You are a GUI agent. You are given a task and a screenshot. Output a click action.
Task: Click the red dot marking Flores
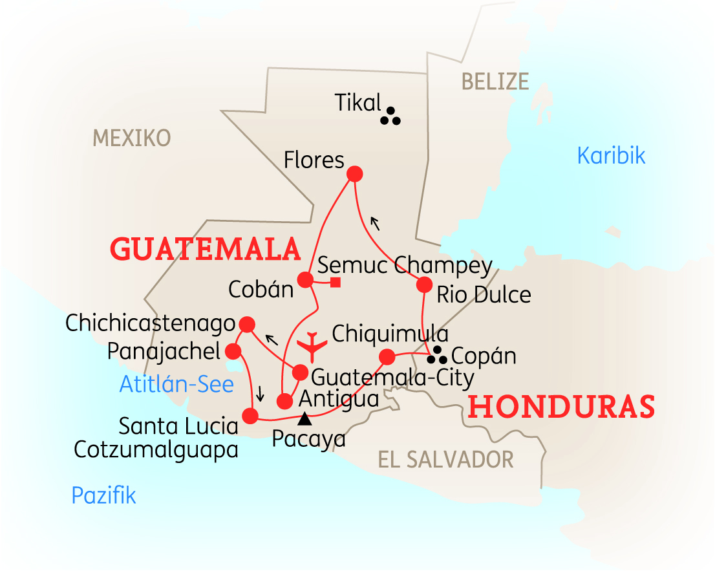pos(354,174)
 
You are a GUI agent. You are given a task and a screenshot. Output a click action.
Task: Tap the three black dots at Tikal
pos(390,116)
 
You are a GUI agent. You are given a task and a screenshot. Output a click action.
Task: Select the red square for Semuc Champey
pos(336,281)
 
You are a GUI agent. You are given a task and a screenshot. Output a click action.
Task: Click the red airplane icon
pos(314,345)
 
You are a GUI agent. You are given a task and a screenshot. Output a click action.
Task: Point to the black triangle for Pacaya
pos(304,419)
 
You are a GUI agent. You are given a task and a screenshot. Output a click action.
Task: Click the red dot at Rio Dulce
pos(424,285)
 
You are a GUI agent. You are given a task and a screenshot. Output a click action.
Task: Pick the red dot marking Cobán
pos(304,279)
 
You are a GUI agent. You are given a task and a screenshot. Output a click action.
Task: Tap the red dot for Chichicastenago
pos(246,323)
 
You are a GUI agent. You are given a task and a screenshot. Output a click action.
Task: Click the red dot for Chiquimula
pos(387,356)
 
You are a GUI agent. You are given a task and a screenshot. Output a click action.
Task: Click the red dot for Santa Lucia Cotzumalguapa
pos(250,415)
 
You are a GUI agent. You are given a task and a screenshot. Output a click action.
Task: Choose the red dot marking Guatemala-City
pos(300,372)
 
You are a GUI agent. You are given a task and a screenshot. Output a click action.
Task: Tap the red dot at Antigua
pos(284,401)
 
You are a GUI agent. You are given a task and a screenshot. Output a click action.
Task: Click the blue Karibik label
pos(611,156)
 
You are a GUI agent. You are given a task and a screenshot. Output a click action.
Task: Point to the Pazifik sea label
pos(103,495)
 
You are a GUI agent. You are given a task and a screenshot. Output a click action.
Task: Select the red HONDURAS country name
pos(561,407)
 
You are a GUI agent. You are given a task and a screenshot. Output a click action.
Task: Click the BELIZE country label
pos(495,81)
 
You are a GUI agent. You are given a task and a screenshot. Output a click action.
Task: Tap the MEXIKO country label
pos(132,138)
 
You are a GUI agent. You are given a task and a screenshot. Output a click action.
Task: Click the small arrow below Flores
pos(374,223)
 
